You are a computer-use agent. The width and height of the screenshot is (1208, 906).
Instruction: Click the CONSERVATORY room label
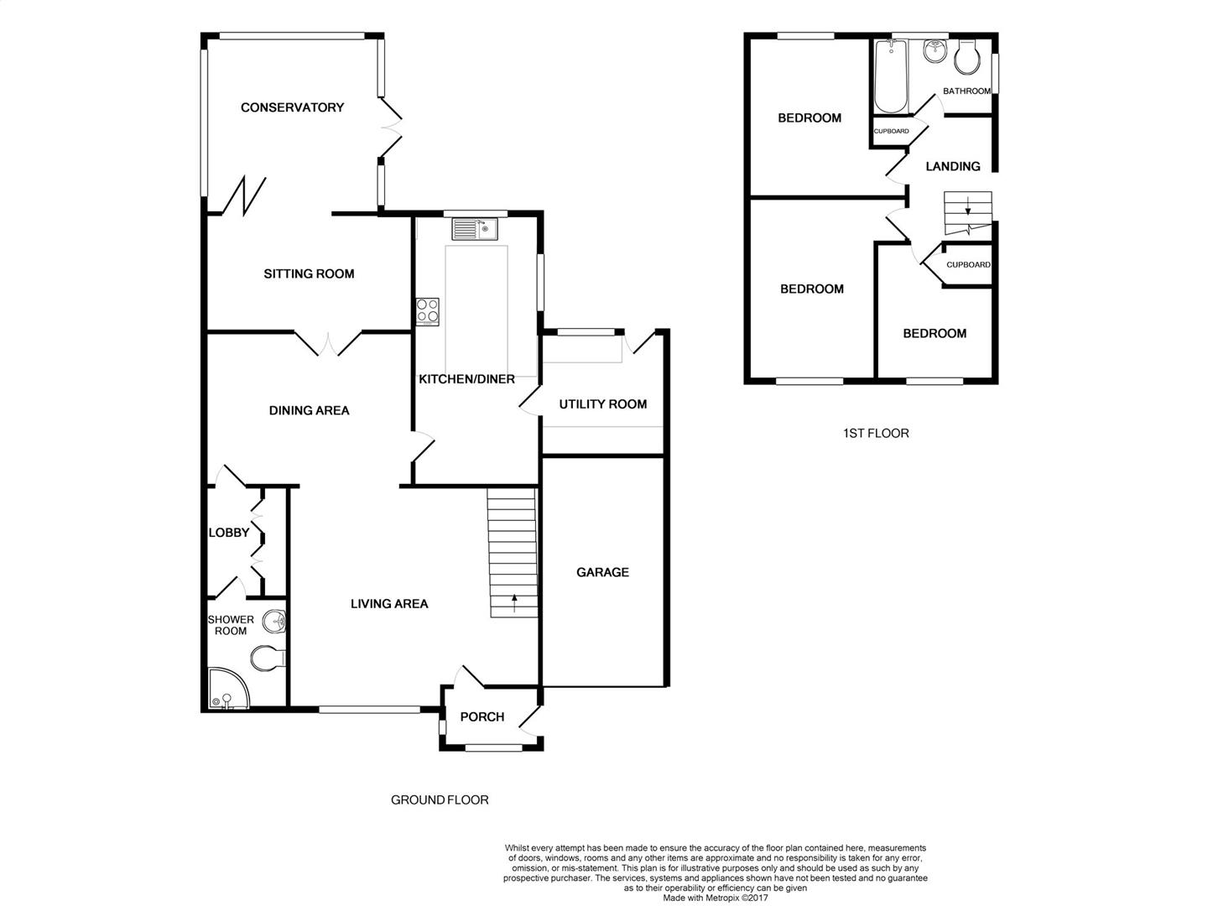(292, 107)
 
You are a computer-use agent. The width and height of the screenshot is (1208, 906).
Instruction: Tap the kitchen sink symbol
(475, 229)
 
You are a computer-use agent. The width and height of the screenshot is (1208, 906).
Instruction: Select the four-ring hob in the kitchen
(427, 311)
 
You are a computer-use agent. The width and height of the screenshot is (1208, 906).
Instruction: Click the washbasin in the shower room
(274, 622)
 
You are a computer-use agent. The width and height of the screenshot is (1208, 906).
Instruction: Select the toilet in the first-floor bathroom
(967, 56)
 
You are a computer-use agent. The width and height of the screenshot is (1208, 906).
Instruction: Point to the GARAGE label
(602, 572)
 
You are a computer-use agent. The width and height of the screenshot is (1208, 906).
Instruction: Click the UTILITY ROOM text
(602, 404)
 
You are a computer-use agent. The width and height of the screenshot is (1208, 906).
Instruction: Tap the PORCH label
(482, 716)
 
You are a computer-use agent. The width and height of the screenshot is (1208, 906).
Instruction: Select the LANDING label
(953, 166)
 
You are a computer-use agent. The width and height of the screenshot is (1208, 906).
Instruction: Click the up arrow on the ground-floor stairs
(514, 603)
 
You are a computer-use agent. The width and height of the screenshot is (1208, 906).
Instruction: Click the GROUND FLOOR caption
(440, 799)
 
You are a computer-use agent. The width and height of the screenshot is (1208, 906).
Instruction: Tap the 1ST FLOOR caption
(876, 434)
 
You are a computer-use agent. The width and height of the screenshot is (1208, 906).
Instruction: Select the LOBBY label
(229, 533)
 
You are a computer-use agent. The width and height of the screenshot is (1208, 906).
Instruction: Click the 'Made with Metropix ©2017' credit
(715, 898)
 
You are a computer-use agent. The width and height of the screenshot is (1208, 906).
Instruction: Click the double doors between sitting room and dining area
(329, 343)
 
